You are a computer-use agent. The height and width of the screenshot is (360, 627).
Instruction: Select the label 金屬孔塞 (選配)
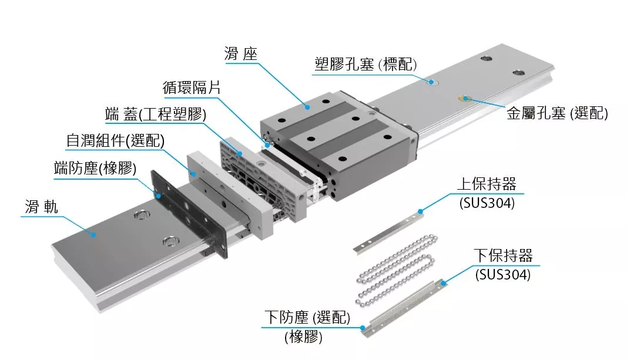[556, 113]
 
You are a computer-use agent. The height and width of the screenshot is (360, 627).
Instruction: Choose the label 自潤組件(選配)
[115, 141]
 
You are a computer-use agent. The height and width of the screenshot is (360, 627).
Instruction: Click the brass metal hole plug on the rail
[466, 97]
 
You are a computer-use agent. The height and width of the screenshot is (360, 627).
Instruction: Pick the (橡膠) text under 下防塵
[303, 338]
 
